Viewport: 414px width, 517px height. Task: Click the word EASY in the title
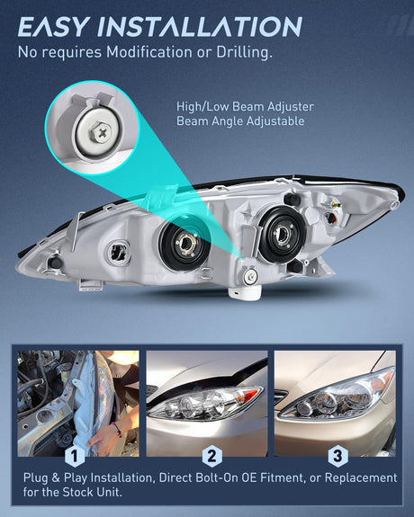point(54,26)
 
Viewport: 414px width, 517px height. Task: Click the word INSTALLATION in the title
point(200,26)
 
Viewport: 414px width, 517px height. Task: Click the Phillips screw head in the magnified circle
point(101,133)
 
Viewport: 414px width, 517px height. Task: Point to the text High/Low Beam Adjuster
point(245,107)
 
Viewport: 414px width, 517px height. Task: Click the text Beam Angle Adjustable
point(240,121)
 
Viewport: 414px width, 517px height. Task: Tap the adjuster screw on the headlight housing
point(250,276)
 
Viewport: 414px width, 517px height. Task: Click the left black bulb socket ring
point(184,244)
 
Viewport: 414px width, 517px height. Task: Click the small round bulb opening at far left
point(119,253)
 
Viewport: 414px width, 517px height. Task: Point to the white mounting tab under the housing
point(244,292)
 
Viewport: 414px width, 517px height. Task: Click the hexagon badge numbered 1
point(75,457)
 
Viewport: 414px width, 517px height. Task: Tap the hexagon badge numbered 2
point(211,457)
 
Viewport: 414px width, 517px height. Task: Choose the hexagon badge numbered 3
point(337,457)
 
